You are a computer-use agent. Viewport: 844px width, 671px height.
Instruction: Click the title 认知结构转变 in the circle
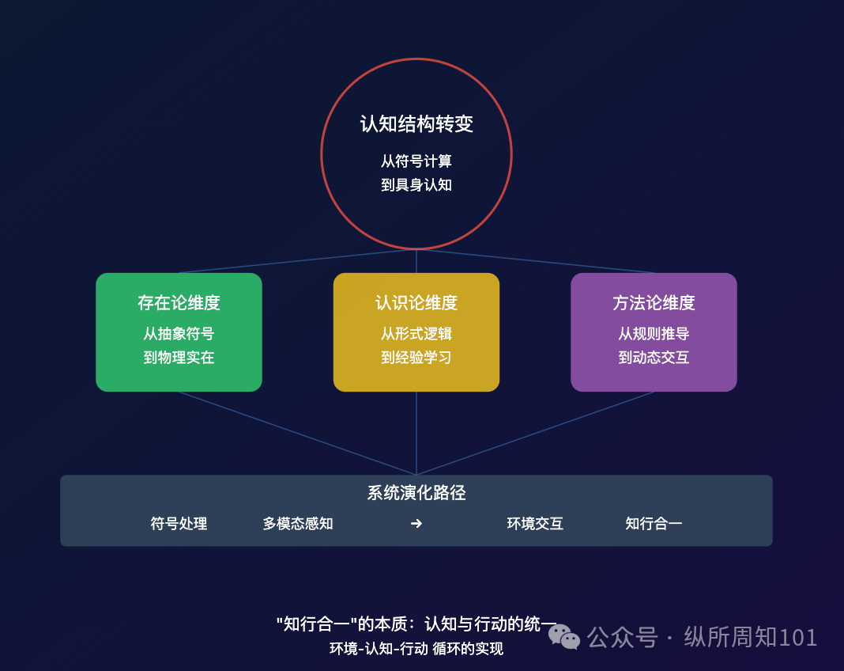point(416,124)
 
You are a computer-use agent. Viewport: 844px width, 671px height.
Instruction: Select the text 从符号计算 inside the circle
point(416,161)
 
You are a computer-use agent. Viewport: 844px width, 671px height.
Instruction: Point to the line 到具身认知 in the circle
point(416,185)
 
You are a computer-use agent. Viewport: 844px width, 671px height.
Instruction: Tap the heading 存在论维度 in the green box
point(179,303)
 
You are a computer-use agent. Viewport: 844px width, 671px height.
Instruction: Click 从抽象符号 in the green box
point(179,334)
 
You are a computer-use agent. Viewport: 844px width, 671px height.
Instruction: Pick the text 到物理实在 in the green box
point(179,358)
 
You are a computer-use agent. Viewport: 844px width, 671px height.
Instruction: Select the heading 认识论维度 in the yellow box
point(416,303)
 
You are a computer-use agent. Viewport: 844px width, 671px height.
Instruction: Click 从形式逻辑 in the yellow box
point(416,334)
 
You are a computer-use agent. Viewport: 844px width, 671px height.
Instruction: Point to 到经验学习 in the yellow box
point(416,358)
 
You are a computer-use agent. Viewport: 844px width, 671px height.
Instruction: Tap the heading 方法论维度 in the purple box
point(654,303)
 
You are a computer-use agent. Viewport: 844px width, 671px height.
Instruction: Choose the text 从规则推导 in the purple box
point(654,334)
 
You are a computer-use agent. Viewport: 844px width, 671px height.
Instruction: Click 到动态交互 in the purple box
point(654,358)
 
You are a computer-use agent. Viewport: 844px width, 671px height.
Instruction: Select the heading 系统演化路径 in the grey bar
point(416,493)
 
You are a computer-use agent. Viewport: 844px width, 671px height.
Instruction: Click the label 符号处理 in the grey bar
point(179,524)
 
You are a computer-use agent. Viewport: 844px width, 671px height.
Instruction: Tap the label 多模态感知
point(298,524)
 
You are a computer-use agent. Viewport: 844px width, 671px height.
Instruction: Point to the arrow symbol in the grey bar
point(416,524)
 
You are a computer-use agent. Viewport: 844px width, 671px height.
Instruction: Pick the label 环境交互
point(535,524)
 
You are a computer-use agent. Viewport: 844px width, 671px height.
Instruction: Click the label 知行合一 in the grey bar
point(654,524)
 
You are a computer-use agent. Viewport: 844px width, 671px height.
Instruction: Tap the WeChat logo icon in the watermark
point(564,636)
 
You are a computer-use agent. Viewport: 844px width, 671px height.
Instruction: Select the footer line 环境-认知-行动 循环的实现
point(416,649)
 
